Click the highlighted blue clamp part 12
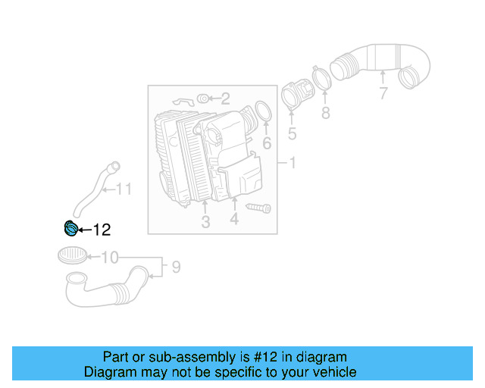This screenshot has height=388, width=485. click(x=70, y=228)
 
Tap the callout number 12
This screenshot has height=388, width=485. click(x=102, y=230)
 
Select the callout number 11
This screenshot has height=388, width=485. click(x=123, y=189)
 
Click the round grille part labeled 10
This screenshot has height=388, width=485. click(x=72, y=255)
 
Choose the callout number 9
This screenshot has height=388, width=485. click(x=176, y=267)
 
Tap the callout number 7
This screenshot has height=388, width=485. click(x=383, y=94)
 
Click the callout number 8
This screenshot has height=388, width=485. click(x=325, y=113)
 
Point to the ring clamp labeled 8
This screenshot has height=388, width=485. click(x=321, y=78)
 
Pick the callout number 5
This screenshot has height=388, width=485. click(x=292, y=135)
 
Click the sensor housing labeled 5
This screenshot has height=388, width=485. click(x=291, y=97)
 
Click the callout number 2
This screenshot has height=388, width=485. click(x=225, y=98)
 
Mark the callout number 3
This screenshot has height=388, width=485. click(x=205, y=222)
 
